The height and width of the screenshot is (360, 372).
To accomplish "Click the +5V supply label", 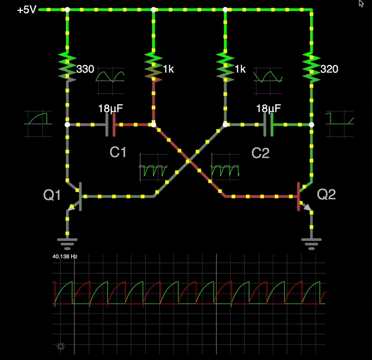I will pos(26,9).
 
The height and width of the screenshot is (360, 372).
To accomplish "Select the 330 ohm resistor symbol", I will pos(67,66).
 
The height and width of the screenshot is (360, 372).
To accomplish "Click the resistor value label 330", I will pos(85,69).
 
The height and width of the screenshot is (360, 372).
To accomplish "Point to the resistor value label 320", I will pos(329,69).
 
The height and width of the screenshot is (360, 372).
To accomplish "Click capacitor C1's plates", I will pos(111,125).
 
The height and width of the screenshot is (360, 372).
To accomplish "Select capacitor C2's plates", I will pos(268,125).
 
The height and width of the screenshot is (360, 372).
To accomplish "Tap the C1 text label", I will pos(118,153).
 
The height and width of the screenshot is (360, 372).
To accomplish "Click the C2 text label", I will pos(260,153).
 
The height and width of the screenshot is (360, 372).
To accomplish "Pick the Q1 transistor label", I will pos(52,195).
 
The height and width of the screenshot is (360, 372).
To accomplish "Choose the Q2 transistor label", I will pos(326,194).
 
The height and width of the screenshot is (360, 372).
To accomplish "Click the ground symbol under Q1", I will pos(67,242).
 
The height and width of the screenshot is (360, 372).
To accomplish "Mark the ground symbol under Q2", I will pos(311,242).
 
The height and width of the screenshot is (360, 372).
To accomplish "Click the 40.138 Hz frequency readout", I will pos(65,257).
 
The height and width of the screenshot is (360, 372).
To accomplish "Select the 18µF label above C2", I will pos(268,109).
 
